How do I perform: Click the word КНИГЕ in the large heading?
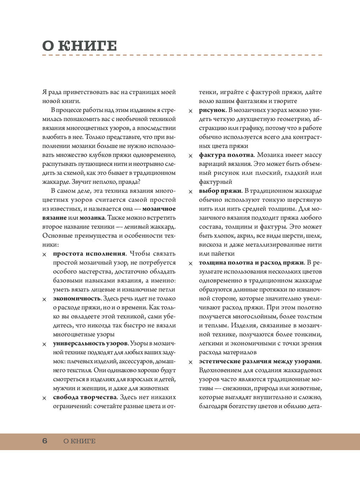(87, 46)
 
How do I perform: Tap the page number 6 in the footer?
(45, 441)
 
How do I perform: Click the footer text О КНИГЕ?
(79, 441)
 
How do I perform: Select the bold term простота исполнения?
(89, 254)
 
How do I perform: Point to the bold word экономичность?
(77, 299)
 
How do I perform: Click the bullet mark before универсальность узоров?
(45, 344)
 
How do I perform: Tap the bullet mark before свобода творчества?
(45, 398)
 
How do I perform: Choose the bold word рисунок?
(212, 110)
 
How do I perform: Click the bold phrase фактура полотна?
(226, 155)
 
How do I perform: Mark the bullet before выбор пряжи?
(190, 192)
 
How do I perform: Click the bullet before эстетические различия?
(190, 362)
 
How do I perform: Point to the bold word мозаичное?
(159, 209)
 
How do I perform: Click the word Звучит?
(81, 182)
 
